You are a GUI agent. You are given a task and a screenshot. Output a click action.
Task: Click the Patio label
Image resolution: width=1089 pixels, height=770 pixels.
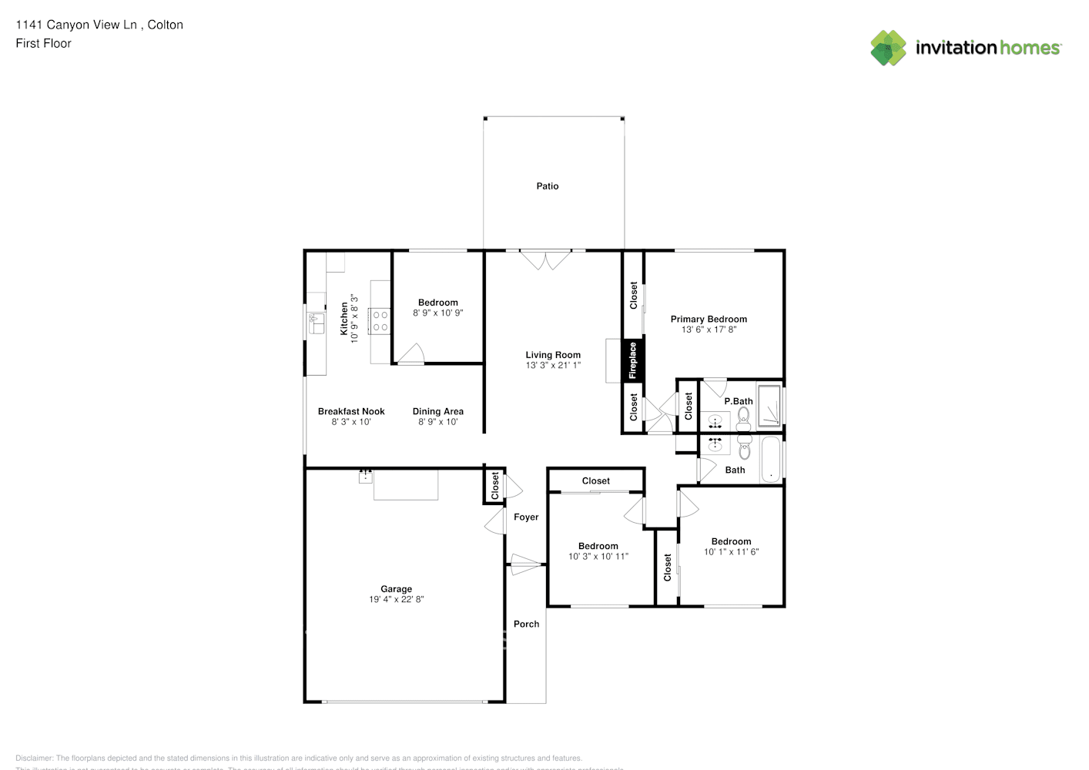point(548,186)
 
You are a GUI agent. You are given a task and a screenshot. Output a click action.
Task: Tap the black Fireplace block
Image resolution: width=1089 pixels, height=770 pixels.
point(633,360)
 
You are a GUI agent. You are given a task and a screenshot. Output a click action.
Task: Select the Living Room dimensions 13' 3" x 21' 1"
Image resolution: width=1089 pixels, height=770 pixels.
point(553,366)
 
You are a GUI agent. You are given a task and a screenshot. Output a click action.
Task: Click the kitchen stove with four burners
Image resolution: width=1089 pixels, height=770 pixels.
point(380,321)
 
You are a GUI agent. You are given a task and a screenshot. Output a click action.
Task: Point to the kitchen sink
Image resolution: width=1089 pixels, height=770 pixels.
point(317,323)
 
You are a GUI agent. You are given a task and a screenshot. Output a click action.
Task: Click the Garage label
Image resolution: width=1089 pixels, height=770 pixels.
point(396,589)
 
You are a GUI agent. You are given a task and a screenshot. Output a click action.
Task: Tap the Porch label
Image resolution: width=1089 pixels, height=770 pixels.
point(526,624)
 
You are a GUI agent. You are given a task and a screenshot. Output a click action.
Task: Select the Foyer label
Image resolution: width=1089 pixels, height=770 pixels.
point(526,517)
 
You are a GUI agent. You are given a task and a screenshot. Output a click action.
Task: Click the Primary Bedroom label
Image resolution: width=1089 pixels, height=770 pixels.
point(709,319)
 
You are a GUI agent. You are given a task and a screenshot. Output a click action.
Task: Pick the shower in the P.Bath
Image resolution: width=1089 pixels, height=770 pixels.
point(769,407)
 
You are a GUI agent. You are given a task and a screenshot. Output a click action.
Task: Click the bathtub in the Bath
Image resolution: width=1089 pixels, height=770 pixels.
point(770,460)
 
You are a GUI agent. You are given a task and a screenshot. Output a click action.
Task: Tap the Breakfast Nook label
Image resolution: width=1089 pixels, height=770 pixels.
point(351,412)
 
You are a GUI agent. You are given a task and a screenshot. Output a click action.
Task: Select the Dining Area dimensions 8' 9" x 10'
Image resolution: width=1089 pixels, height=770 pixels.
point(438,422)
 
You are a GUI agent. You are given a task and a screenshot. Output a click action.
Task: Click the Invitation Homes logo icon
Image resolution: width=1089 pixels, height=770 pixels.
point(888,48)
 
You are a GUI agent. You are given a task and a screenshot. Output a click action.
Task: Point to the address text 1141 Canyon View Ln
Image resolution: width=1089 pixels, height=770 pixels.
point(76,25)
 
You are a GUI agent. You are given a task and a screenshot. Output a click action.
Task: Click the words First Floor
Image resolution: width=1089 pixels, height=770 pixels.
point(43,44)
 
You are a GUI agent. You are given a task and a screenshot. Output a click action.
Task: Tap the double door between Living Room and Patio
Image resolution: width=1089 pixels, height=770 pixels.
point(545,259)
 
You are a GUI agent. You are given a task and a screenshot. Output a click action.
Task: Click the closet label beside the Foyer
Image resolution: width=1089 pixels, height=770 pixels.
point(495,486)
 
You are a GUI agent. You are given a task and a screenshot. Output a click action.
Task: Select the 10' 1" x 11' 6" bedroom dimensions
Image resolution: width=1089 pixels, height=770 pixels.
point(731,552)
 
